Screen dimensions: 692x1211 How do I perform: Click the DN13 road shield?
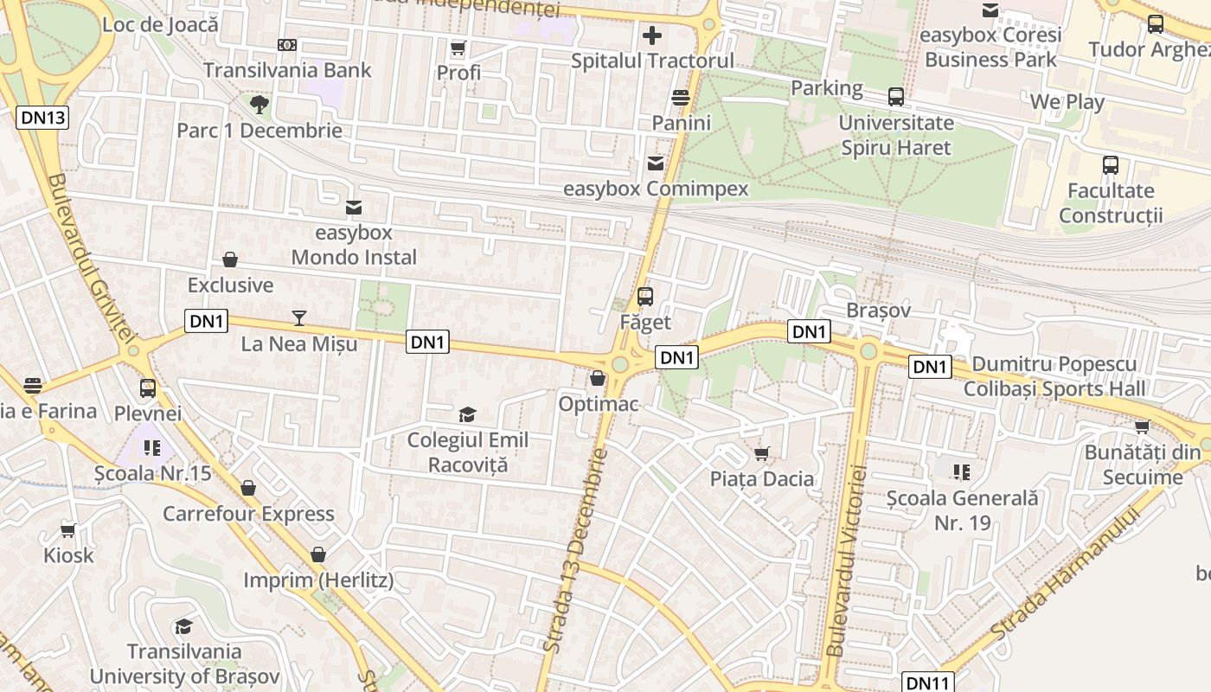coord(42,118)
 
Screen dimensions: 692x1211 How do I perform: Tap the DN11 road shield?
coord(928,682)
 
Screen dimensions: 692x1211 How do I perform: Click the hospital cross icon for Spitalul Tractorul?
coord(652,36)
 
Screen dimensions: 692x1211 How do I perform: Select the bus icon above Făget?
coord(644,297)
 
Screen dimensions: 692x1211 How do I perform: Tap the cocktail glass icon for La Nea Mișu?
coord(298,318)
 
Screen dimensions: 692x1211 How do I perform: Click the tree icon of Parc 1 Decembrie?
coord(259,106)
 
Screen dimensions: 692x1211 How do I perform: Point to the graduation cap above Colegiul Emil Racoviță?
coord(467,415)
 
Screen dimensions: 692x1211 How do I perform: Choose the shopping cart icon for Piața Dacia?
coord(762,453)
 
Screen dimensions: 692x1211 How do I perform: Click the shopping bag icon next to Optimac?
coord(597,378)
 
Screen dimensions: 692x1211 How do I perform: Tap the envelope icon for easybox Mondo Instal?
coord(353,208)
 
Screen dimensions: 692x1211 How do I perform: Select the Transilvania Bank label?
coord(287,70)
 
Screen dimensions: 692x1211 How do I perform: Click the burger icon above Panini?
coord(681,98)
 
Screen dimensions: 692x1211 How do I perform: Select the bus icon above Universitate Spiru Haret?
coord(895,97)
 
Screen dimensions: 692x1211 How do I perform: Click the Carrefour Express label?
coord(248,514)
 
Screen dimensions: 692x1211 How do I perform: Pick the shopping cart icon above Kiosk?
coord(68,530)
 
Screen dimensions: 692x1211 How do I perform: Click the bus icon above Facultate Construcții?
coord(1111,164)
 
